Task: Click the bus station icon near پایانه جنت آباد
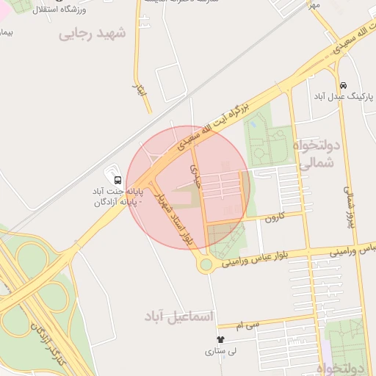pyautogui.click(x=117, y=180)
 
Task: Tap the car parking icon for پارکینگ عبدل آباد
pyautogui.click(x=344, y=84)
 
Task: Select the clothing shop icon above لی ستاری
pyautogui.click(x=221, y=339)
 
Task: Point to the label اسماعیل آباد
pyautogui.click(x=180, y=317)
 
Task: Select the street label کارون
pyautogui.click(x=274, y=217)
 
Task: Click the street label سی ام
pyautogui.click(x=249, y=324)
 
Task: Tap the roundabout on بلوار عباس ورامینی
pyautogui.click(x=206, y=264)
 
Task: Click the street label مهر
pyautogui.click(x=314, y=6)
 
